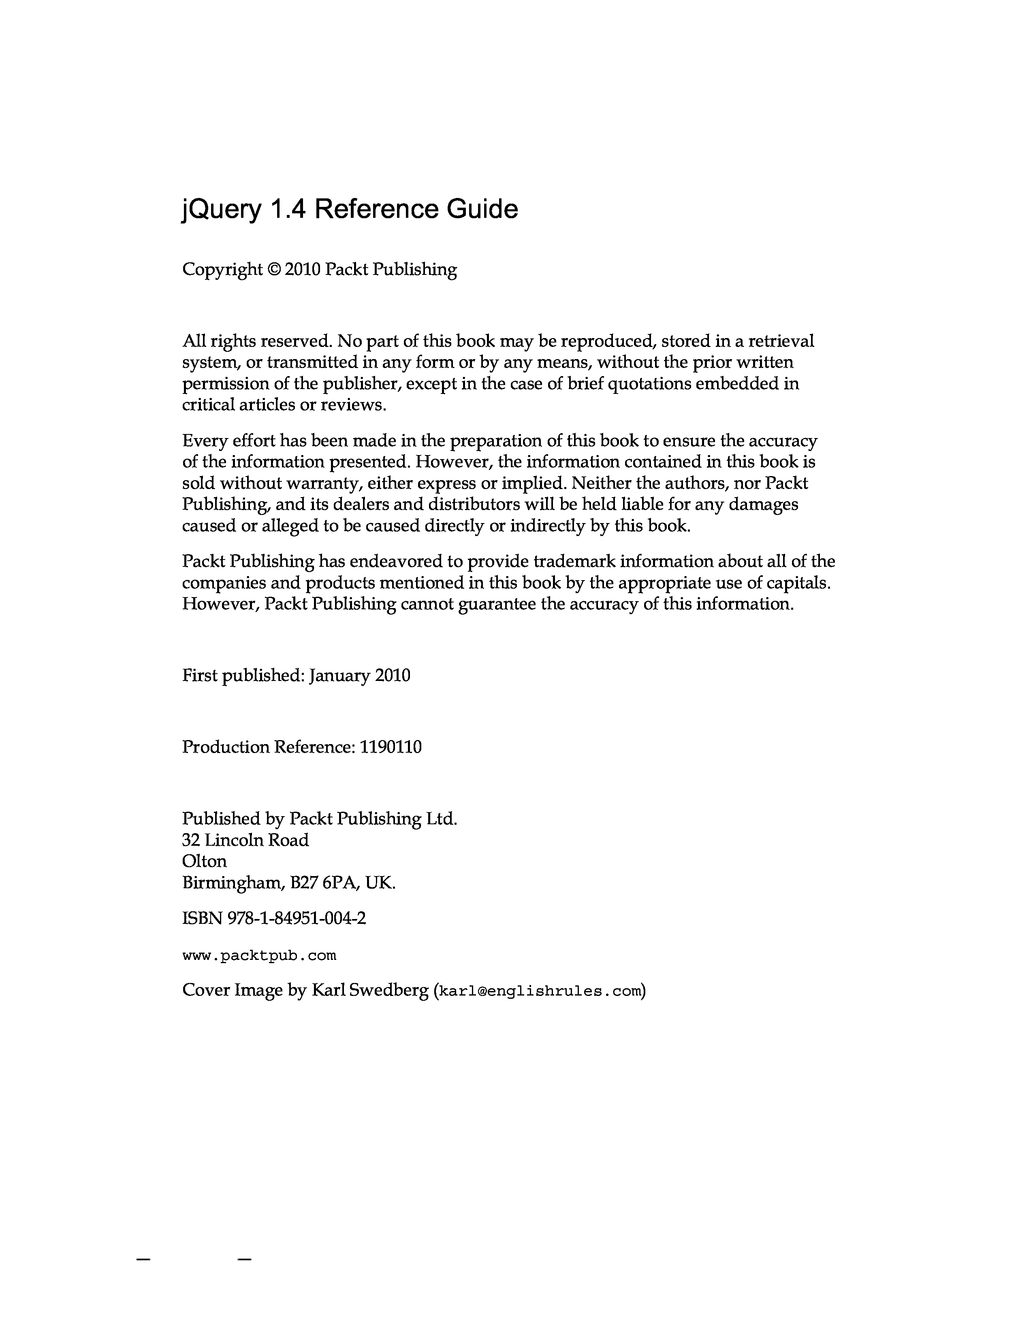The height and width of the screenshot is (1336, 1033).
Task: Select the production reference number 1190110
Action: pyautogui.click(x=391, y=747)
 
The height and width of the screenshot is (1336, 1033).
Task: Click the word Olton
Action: pyautogui.click(x=205, y=861)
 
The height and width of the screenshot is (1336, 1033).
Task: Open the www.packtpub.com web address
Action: pyautogui.click(x=259, y=955)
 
